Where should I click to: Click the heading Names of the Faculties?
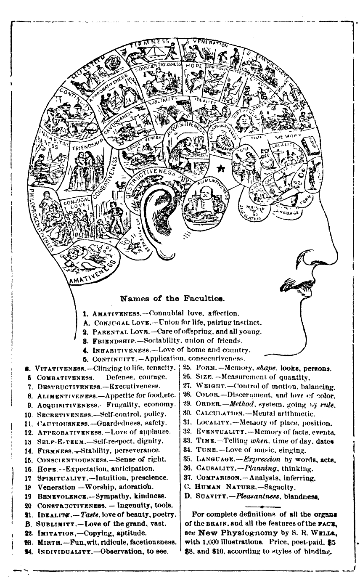point(172,299)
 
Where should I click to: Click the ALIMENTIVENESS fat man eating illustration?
point(205,202)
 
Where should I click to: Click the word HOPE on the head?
point(193,66)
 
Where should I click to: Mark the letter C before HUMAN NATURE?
point(188,487)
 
